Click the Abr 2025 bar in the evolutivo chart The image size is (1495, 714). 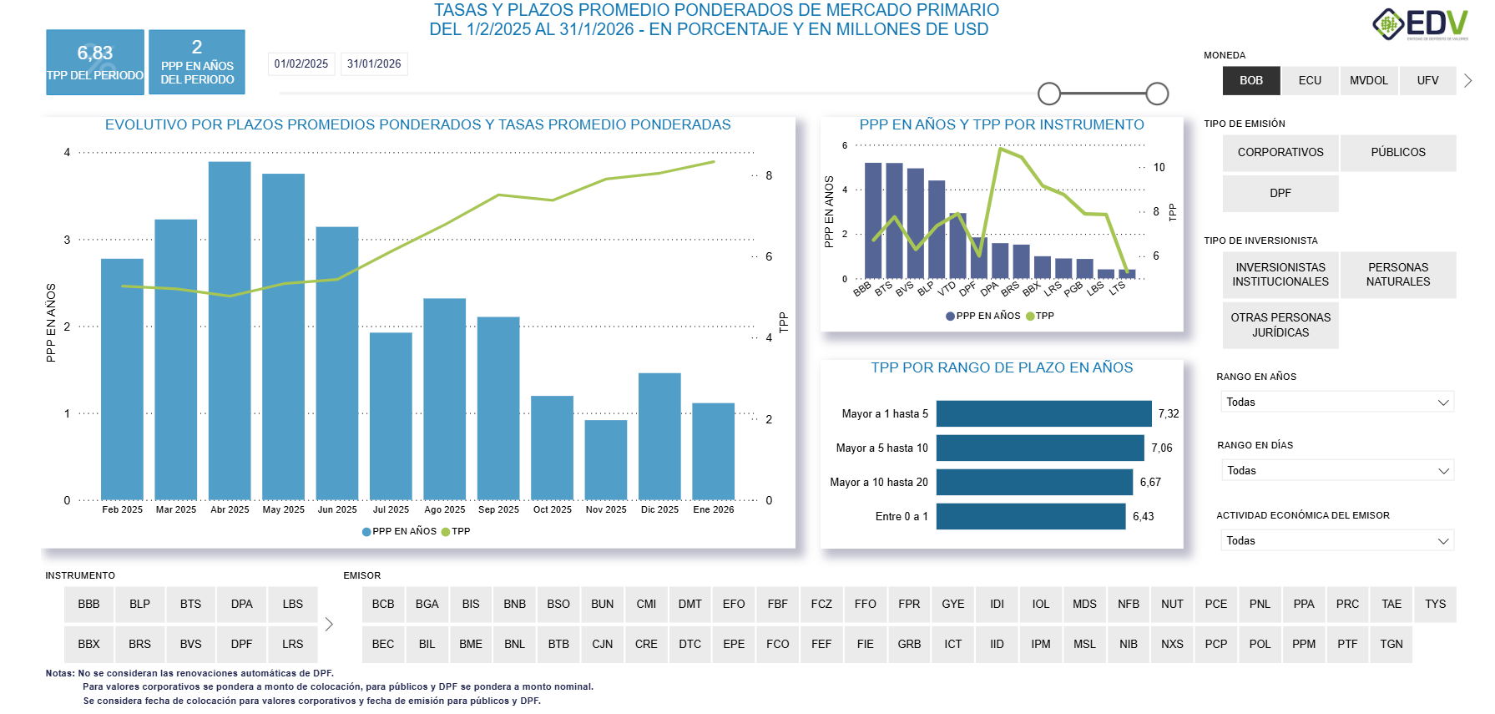[x=230, y=334]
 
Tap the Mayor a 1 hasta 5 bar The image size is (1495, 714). [x=1043, y=413]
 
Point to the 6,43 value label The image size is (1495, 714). [x=1143, y=517]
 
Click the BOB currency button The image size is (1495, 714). [x=1250, y=81]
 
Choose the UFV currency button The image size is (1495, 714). [x=1427, y=81]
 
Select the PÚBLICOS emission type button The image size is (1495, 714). [x=1397, y=153]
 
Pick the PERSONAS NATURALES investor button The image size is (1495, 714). [x=1397, y=275]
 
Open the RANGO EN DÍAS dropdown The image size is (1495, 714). [x=1336, y=471]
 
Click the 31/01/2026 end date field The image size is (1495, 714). [x=374, y=64]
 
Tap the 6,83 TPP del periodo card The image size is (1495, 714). [x=95, y=63]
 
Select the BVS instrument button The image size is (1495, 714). [x=190, y=645]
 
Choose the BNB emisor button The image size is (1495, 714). [x=514, y=605]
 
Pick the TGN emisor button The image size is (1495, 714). [x=1391, y=645]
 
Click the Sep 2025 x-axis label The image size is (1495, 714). [x=498, y=509]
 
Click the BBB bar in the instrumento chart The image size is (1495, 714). [x=873, y=221]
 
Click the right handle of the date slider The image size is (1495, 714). [x=1157, y=94]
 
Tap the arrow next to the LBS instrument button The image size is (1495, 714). [x=329, y=625]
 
